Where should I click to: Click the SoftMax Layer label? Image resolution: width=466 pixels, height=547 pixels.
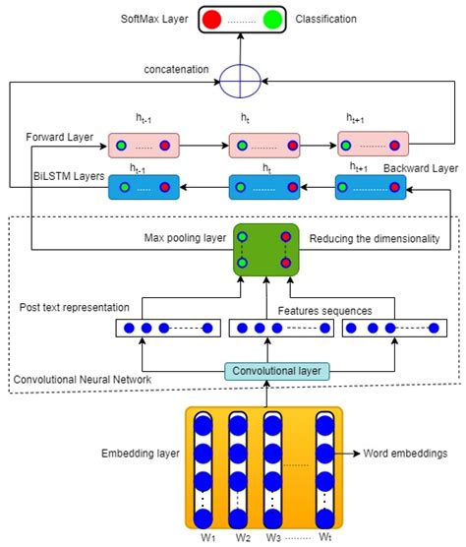[154, 19]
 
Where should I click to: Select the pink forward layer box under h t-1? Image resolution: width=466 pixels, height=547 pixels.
[145, 147]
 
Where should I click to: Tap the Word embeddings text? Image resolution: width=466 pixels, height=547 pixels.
[402, 455]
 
